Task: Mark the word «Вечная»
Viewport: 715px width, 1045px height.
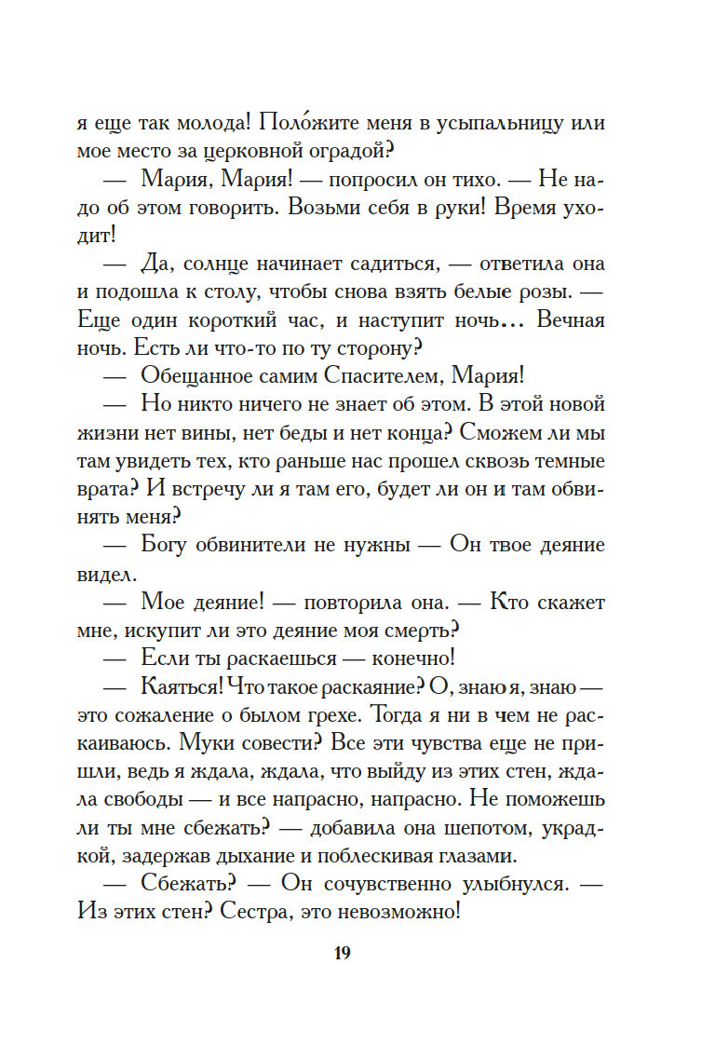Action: click(566, 321)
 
